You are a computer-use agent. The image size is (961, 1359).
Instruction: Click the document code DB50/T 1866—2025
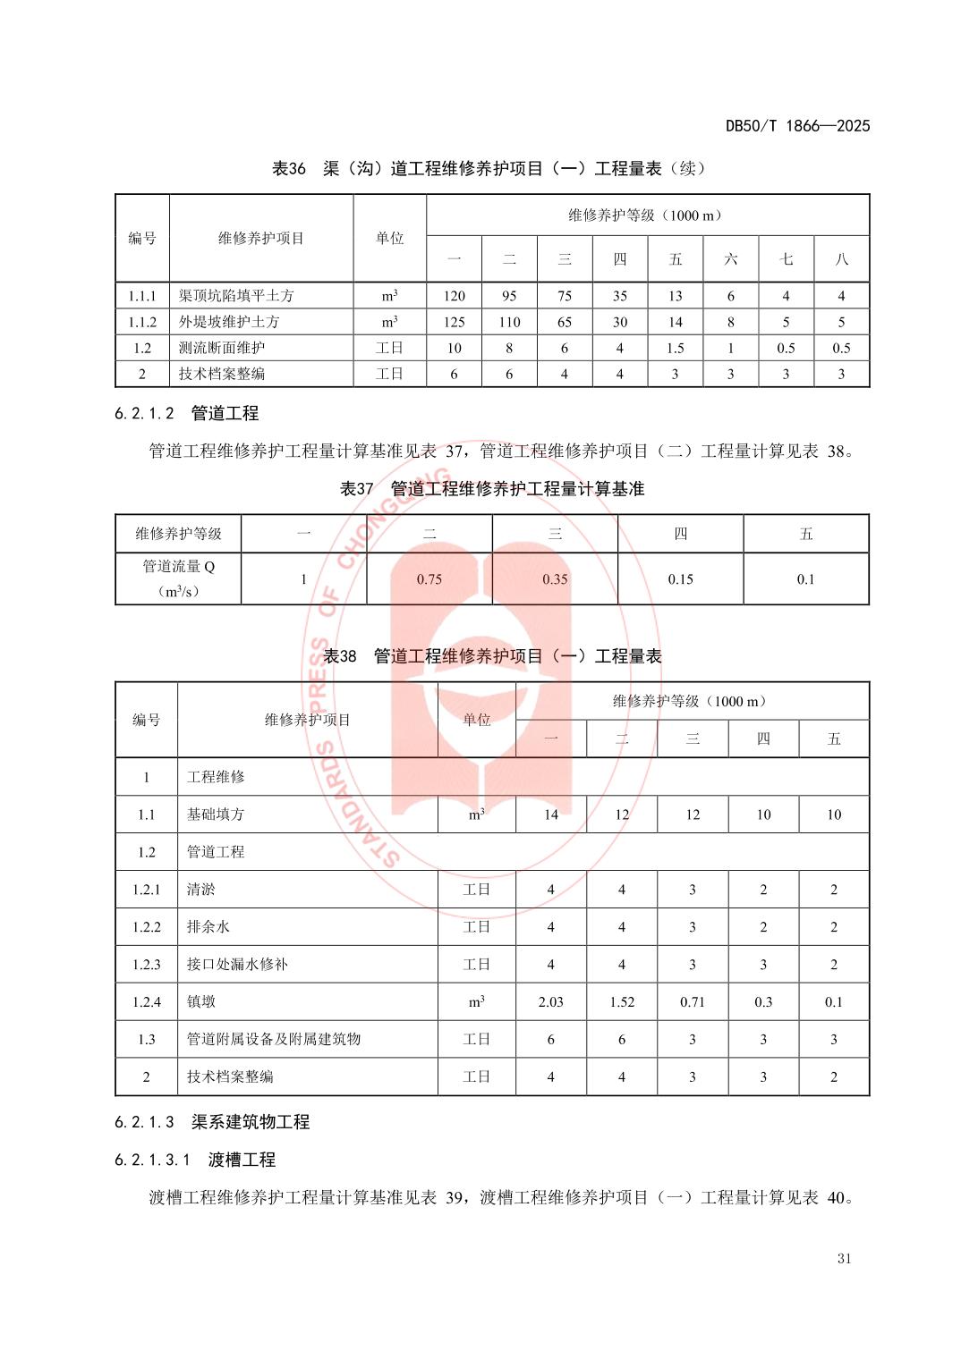pyautogui.click(x=797, y=126)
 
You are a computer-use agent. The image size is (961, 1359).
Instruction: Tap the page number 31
pyautogui.click(x=844, y=1259)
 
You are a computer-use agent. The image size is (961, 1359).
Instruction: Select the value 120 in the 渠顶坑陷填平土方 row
pyautogui.click(x=454, y=296)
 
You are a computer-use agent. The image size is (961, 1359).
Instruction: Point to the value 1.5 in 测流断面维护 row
pyautogui.click(x=675, y=348)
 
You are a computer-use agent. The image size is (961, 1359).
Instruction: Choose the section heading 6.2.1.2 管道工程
pyautogui.click(x=187, y=413)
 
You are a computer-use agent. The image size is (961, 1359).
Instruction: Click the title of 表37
pyautogui.click(x=492, y=489)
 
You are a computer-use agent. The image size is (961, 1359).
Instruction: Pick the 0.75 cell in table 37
pyautogui.click(x=429, y=579)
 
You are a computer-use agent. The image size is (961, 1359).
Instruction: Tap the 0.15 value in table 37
pyautogui.click(x=680, y=579)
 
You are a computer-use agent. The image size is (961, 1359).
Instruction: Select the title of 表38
pyautogui.click(x=492, y=656)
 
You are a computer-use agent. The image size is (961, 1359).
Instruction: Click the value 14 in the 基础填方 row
pyautogui.click(x=550, y=815)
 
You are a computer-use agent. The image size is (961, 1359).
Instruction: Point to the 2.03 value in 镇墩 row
pyautogui.click(x=550, y=1002)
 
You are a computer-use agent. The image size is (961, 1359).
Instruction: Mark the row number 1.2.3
pyautogui.click(x=147, y=965)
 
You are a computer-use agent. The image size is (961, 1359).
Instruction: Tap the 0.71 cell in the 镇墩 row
pyautogui.click(x=693, y=1002)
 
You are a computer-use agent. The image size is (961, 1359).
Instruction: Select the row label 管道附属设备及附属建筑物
pyautogui.click(x=273, y=1040)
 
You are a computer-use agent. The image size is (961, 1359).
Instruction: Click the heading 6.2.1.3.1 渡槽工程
pyautogui.click(x=195, y=1160)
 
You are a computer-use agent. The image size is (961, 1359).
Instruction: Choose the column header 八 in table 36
pyautogui.click(x=841, y=259)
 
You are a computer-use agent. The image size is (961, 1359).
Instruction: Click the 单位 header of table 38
pyautogui.click(x=477, y=720)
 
